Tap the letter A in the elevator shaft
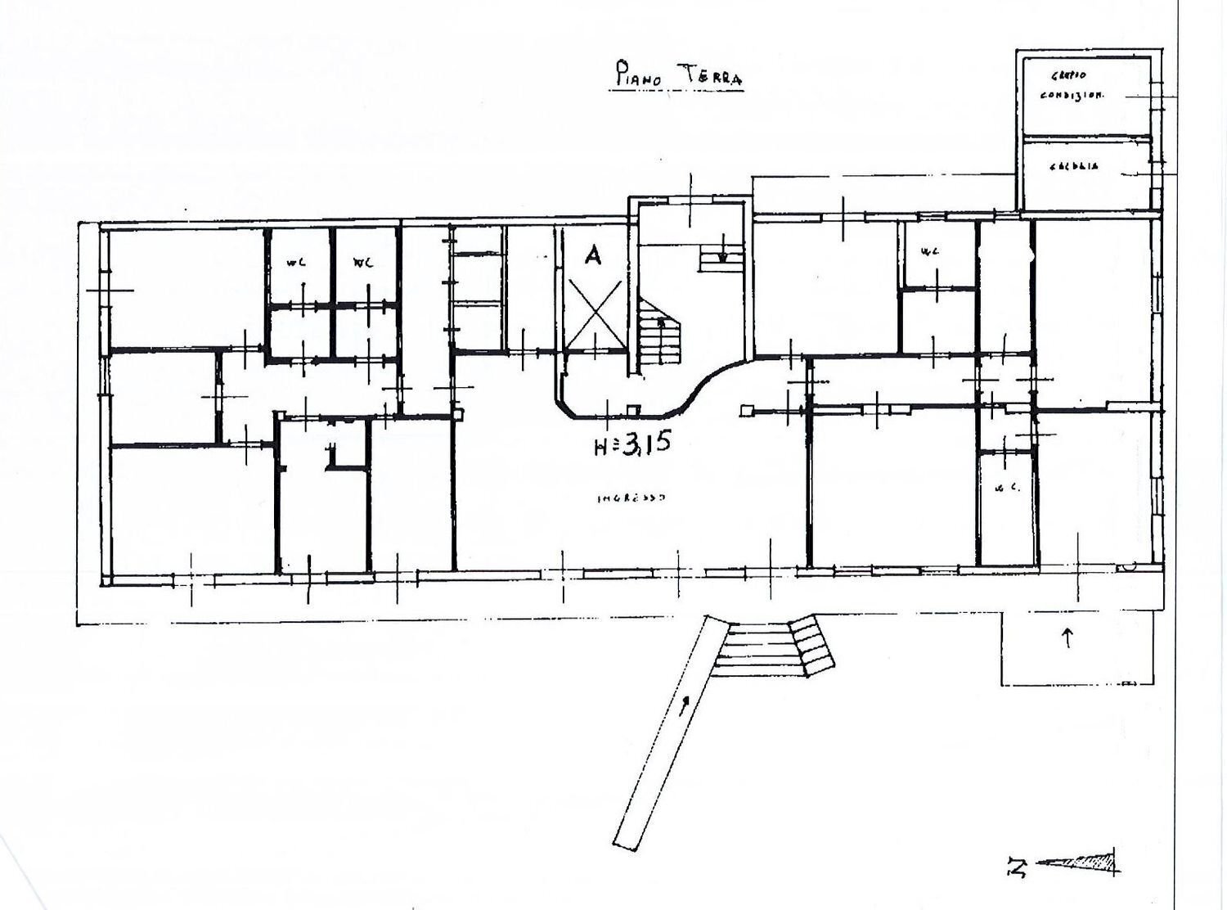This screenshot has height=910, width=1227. [x=592, y=256]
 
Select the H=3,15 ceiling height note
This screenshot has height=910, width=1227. [x=631, y=444]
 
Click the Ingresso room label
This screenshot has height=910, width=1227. [x=631, y=497]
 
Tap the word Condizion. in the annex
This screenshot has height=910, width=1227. [x=1072, y=94]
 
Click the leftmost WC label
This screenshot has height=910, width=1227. [x=295, y=263]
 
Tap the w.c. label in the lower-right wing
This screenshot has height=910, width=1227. [x=1005, y=489]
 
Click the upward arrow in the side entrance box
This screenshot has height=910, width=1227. [x=1067, y=637]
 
